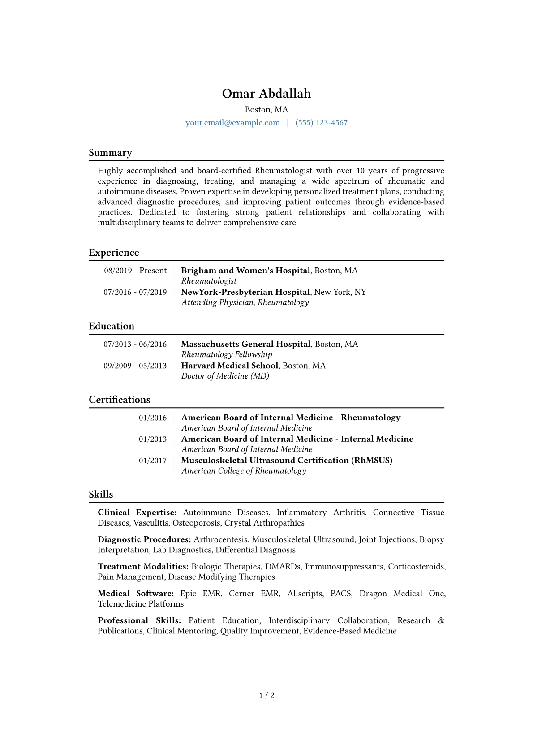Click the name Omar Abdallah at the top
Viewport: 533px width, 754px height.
point(266,94)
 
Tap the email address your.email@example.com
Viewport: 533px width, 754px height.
point(232,123)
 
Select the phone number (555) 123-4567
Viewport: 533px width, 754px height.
point(321,123)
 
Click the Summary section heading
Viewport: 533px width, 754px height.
point(110,153)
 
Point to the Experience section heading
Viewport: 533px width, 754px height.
point(114,253)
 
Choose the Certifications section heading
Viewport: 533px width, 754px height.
point(120,400)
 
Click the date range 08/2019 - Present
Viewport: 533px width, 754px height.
point(135,271)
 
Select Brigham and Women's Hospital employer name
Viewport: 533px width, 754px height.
point(245,271)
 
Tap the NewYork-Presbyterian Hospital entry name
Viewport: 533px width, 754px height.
point(245,292)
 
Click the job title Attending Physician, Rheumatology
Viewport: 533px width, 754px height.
point(245,302)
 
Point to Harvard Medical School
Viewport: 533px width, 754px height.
point(230,366)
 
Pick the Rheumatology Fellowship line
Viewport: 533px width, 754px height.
point(227,354)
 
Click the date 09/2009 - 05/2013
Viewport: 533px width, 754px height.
point(135,366)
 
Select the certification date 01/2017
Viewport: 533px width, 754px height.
point(153,461)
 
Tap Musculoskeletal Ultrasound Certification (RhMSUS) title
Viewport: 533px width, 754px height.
point(287,461)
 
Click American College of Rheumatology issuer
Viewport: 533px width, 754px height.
point(244,471)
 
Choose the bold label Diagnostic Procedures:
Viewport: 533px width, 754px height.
point(144,539)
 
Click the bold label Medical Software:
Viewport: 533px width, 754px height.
point(136,594)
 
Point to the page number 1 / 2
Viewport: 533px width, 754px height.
point(266,695)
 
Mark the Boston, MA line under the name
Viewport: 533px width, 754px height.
point(266,110)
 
